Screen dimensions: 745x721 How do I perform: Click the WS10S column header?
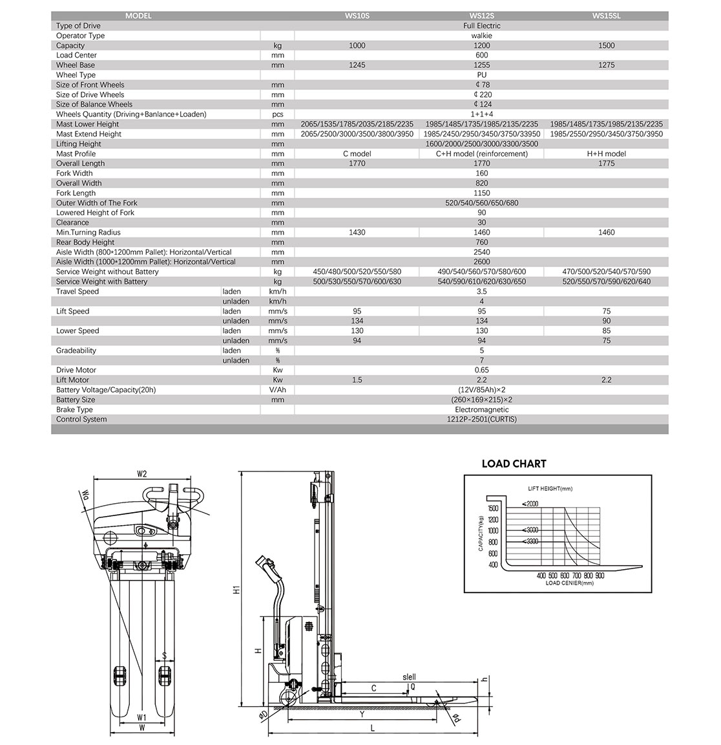357,16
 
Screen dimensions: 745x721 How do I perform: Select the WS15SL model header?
607,16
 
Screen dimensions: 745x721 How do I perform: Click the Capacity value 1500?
607,45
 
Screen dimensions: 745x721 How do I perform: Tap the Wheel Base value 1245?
357,65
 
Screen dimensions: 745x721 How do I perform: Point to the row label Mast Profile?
76,154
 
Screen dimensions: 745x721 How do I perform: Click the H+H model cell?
607,154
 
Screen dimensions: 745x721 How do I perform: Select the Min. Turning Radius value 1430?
357,232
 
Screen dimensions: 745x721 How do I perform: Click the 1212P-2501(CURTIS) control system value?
482,419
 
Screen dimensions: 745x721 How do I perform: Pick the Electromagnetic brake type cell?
482,409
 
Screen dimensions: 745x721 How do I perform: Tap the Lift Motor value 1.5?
357,380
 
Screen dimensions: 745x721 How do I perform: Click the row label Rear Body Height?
85,243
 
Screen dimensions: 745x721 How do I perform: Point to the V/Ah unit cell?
277,390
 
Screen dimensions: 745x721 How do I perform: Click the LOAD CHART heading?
514,464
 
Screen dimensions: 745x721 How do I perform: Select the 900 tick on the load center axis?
600,576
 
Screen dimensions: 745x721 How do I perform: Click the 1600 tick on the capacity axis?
492,508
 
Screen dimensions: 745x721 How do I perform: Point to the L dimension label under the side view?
373,729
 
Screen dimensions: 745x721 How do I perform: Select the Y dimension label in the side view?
362,714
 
